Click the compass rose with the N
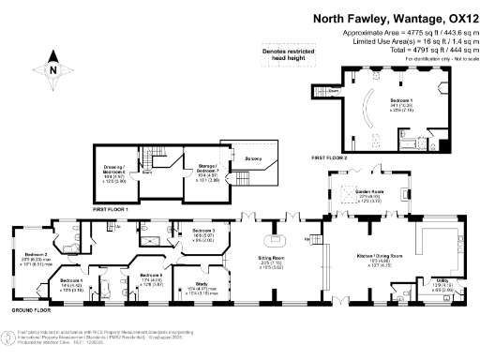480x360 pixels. [x=52, y=68]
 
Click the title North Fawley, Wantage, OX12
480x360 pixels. [x=389, y=17]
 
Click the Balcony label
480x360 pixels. [x=254, y=159]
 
